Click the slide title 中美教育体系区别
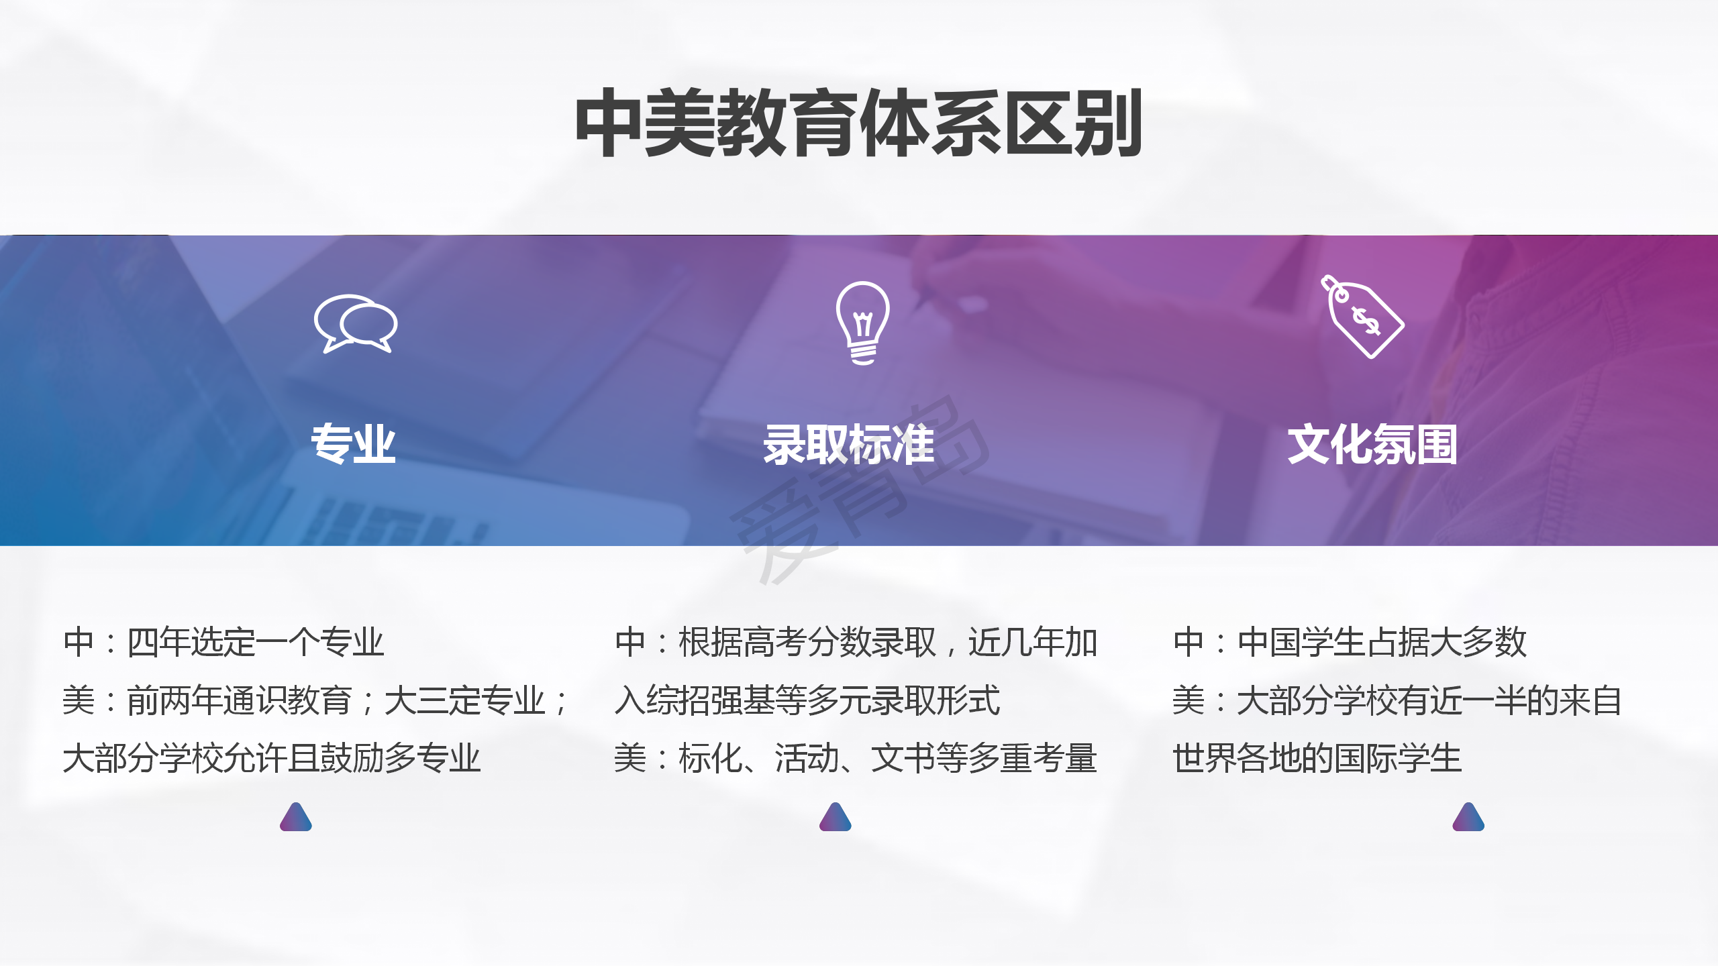coord(858,123)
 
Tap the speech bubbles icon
coord(356,323)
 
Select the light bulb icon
coord(863,323)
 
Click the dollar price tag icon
coord(1362,317)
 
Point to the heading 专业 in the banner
coord(353,444)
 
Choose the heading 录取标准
coord(849,444)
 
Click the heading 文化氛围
coord(1372,444)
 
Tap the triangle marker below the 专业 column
coord(296,817)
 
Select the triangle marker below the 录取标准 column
coord(836,817)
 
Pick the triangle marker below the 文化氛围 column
coord(1468,817)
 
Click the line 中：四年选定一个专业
coord(223,642)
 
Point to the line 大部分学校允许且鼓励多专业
coord(272,759)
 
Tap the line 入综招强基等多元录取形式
coord(807,700)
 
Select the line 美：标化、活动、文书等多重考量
coord(856,759)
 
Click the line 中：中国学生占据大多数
coord(1350,642)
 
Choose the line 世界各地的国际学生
coord(1317,759)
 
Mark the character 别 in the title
coord(1107,123)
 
